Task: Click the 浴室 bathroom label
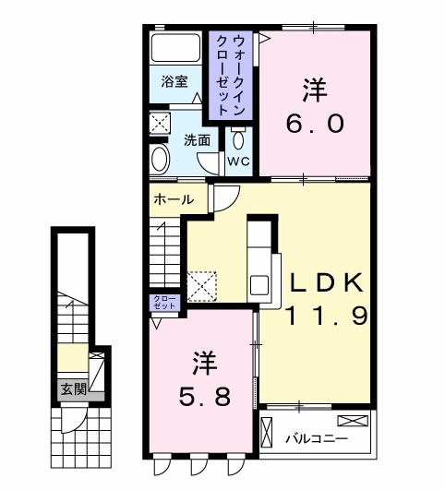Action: [x=175, y=81]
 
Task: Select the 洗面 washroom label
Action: [x=196, y=140]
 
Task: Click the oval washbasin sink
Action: [x=160, y=158]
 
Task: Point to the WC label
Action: [x=238, y=161]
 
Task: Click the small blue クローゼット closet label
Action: [x=163, y=303]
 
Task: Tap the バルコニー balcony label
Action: [x=316, y=437]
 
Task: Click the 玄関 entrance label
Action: [x=71, y=389]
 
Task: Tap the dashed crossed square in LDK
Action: [x=200, y=282]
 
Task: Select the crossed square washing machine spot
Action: [x=160, y=121]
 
